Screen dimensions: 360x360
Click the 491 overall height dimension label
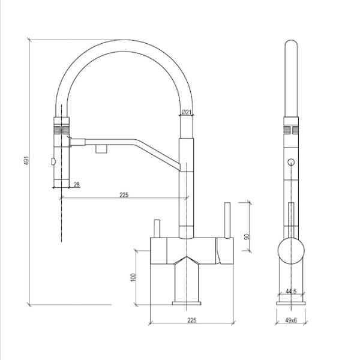(26, 160)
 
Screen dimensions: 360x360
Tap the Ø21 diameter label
(186, 112)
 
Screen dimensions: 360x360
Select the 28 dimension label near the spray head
(77, 184)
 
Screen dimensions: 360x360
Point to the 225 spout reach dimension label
(124, 195)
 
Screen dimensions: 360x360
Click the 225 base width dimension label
(192, 320)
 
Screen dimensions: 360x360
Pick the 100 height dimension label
(133, 278)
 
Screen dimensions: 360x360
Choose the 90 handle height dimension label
(247, 237)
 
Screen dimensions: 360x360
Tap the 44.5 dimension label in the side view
(291, 292)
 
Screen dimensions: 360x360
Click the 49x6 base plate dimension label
(291, 320)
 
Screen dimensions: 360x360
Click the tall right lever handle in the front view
(227, 220)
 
